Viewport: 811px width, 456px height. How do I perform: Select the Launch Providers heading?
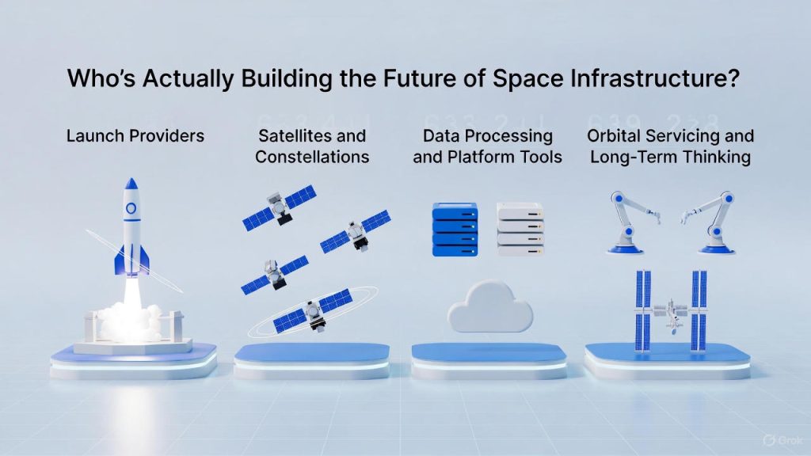tap(135, 136)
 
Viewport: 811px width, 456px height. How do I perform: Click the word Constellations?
tap(312, 157)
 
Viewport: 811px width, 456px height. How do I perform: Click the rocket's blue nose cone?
tap(131, 184)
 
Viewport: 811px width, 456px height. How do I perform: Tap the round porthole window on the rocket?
tap(131, 208)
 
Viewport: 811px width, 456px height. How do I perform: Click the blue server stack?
tap(455, 229)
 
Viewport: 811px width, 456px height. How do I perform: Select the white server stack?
tap(520, 229)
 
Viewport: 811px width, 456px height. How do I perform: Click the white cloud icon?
tap(489, 307)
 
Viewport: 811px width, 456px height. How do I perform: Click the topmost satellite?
tap(280, 207)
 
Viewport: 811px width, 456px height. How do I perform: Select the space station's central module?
tap(670, 312)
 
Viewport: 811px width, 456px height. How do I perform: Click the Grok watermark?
tap(782, 440)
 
